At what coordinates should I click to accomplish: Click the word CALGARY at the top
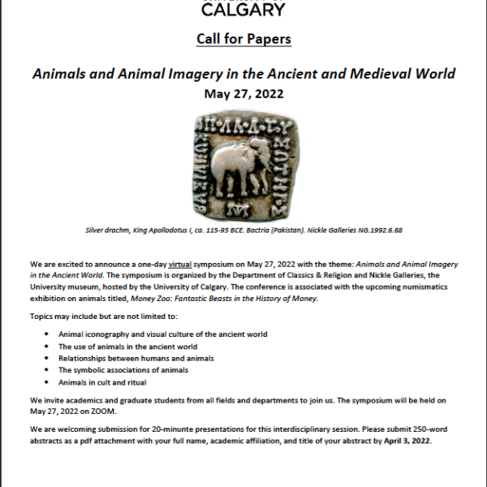click(243, 9)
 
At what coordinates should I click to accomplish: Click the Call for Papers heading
click(243, 39)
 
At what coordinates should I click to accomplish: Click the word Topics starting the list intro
click(43, 316)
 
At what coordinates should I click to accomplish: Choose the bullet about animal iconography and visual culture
click(162, 334)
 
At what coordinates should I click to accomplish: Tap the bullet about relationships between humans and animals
click(136, 358)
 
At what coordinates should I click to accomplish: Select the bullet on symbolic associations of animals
click(123, 369)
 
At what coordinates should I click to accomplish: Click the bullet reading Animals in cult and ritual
click(103, 381)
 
